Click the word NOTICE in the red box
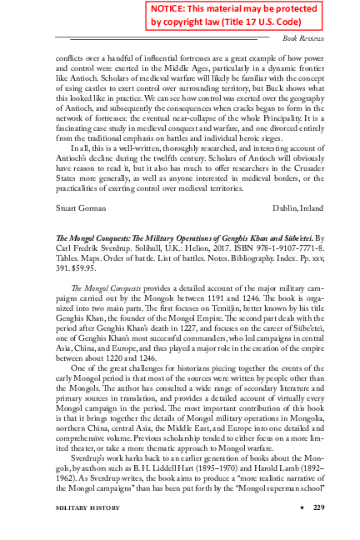coord(172,8)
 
